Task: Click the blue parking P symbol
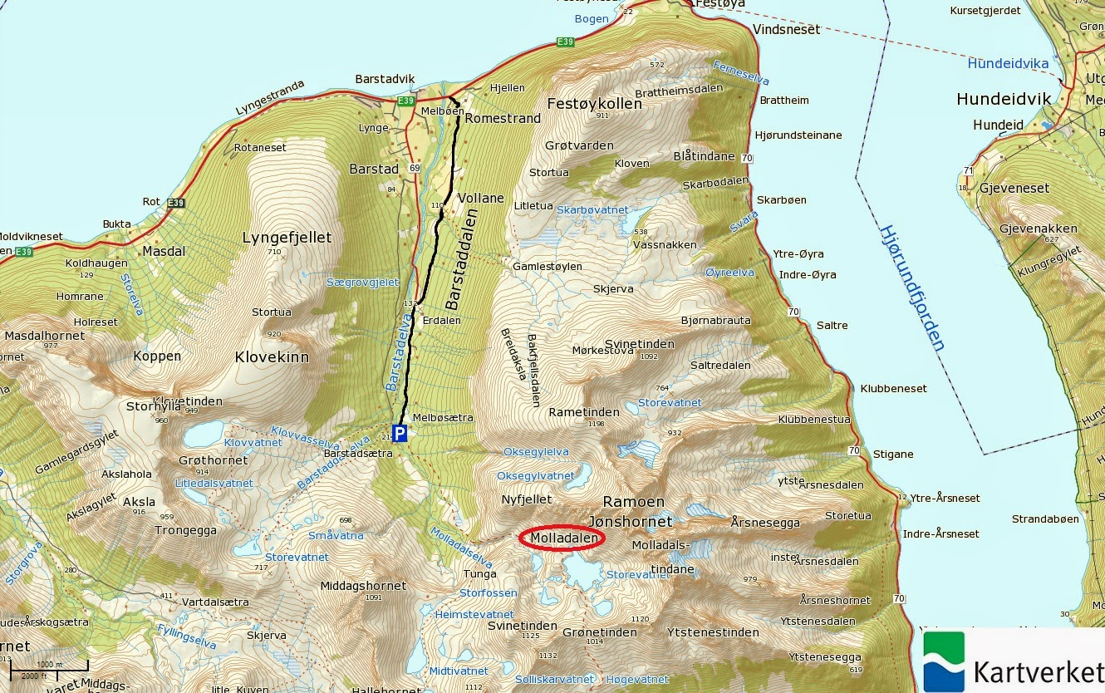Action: (400, 434)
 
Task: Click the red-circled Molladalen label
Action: (562, 538)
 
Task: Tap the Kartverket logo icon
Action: (944, 661)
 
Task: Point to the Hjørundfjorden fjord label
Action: (912, 288)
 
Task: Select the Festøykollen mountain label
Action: (594, 104)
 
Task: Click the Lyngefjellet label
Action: (286, 238)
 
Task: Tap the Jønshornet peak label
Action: (629, 522)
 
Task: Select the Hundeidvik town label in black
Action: (1003, 99)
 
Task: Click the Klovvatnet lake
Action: (204, 433)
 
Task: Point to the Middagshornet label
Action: (363, 586)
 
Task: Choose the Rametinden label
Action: (584, 412)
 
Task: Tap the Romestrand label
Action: (503, 118)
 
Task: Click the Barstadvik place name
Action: (385, 79)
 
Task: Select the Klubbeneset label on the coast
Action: (893, 388)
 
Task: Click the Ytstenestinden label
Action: (713, 632)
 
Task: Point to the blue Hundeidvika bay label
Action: (1008, 63)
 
